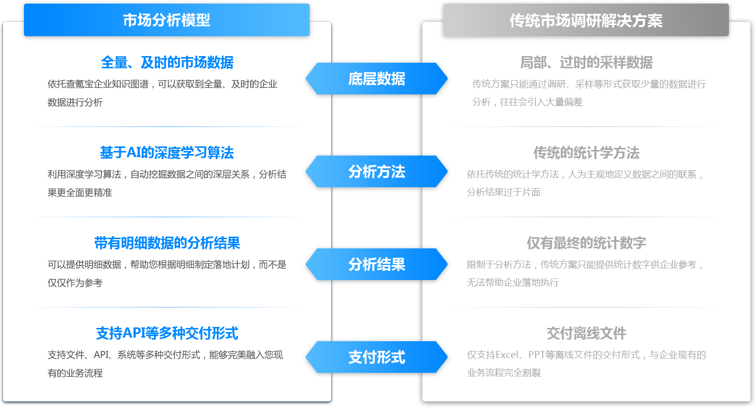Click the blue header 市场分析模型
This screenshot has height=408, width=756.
tap(167, 20)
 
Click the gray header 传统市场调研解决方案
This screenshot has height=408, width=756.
tap(586, 20)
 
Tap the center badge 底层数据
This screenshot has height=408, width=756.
tap(376, 79)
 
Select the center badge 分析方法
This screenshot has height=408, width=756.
tap(376, 171)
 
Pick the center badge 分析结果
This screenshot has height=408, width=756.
tap(376, 264)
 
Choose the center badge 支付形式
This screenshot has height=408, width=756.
tap(376, 357)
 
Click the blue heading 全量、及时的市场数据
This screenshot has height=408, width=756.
tap(167, 62)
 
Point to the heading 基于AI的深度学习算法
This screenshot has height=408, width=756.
tap(167, 152)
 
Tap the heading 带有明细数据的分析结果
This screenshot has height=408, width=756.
tap(167, 243)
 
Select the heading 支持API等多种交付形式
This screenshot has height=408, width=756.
tap(167, 333)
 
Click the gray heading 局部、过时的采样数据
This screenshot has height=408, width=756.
tap(586, 62)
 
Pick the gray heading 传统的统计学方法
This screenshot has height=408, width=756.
tap(586, 152)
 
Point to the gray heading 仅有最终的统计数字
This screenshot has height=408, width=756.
tap(586, 243)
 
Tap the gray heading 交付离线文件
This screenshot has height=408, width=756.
tap(586, 333)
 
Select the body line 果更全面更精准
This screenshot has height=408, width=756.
tap(80, 193)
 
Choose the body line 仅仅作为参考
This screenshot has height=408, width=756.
tap(75, 283)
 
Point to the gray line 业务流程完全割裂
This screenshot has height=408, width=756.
tap(504, 373)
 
